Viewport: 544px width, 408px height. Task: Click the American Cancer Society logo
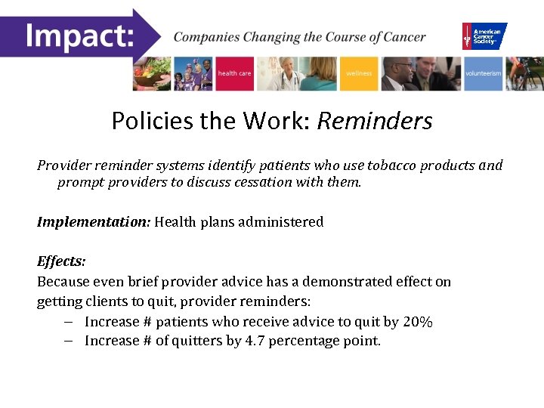484,36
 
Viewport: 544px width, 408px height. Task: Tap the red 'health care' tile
234,74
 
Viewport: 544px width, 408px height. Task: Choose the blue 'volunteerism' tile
483,74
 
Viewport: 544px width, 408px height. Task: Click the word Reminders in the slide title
375,121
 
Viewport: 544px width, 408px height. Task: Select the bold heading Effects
61,261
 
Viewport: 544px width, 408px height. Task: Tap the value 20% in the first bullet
418,322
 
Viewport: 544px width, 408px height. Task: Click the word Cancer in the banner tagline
403,37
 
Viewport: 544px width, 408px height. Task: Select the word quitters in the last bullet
196,341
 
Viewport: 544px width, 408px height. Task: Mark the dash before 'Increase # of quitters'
68,341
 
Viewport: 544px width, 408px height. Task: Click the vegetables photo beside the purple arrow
152,74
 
